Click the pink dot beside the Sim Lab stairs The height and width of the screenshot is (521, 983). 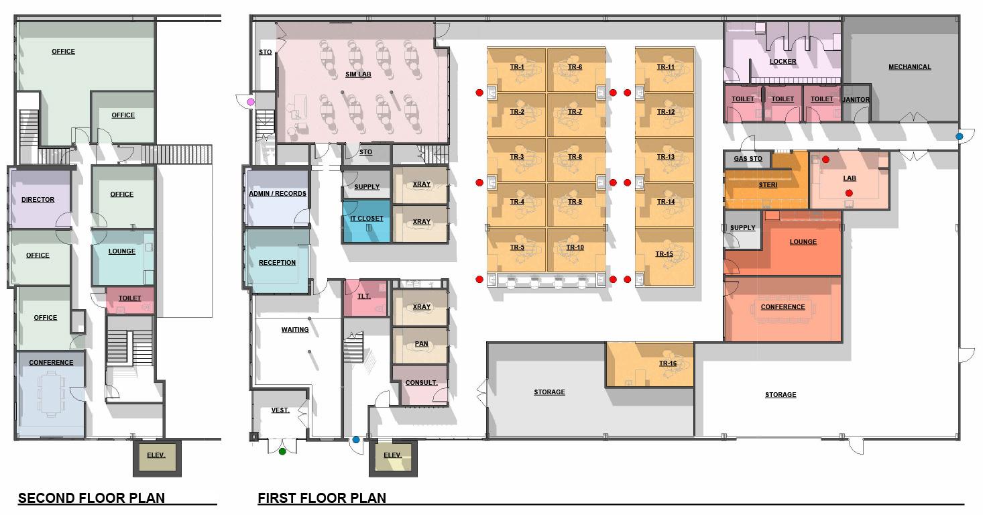click(x=251, y=102)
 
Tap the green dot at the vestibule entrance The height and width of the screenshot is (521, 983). click(x=282, y=451)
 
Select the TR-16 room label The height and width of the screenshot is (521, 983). click(x=667, y=363)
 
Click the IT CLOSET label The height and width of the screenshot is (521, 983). click(x=366, y=218)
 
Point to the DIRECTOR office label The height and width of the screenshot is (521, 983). click(x=38, y=200)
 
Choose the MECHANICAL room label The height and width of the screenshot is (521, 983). click(x=910, y=67)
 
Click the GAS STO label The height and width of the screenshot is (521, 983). click(x=748, y=159)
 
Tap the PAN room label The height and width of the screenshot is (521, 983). click(x=421, y=344)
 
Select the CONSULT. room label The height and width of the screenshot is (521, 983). click(x=421, y=383)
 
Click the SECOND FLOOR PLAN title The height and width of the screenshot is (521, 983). click(x=91, y=498)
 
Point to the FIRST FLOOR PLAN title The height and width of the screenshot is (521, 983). click(x=322, y=498)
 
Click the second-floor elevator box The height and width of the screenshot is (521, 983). click(x=157, y=458)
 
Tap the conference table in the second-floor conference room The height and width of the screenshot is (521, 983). click(x=52, y=394)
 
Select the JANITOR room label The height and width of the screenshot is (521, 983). click(x=856, y=100)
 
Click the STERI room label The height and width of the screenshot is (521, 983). click(x=768, y=185)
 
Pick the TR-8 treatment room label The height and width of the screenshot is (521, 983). click(x=575, y=157)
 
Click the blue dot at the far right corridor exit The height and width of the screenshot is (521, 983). click(x=960, y=137)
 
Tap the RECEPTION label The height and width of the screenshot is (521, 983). click(x=277, y=263)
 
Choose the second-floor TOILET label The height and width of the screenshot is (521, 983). click(x=129, y=298)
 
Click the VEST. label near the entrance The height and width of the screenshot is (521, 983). click(x=280, y=410)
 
